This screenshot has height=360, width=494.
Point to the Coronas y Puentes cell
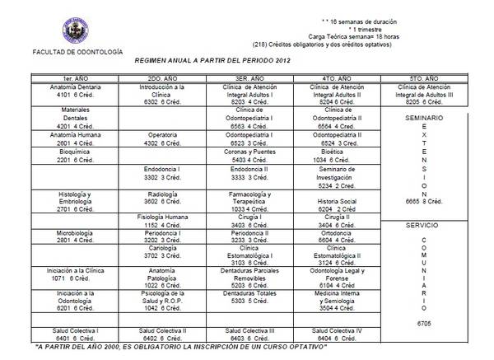click(x=254, y=157)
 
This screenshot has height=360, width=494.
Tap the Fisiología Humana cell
click(x=162, y=219)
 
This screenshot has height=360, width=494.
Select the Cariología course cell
click(x=162, y=252)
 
